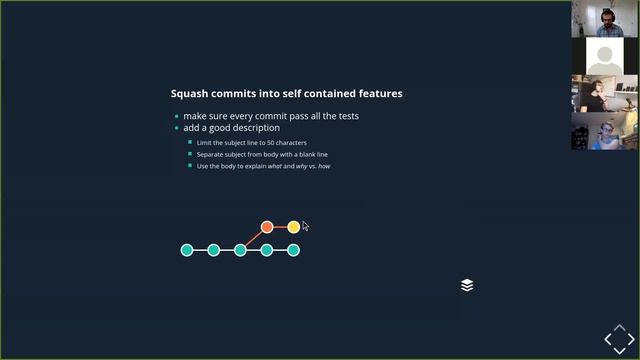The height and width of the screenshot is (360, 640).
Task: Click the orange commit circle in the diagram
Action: point(267,227)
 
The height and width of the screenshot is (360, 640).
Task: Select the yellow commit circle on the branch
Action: point(293,227)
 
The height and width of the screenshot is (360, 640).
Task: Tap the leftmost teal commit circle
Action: point(187,250)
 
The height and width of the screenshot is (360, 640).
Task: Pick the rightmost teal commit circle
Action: point(293,250)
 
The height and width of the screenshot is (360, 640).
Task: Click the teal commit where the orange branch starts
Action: point(240,250)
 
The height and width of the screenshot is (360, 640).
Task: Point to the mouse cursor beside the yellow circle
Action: point(305,226)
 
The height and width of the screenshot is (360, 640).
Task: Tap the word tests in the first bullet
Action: point(347,116)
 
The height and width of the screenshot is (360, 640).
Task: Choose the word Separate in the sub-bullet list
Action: point(212,155)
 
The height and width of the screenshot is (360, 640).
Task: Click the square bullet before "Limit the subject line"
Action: point(189,143)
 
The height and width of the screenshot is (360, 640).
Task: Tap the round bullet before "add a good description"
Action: point(177,128)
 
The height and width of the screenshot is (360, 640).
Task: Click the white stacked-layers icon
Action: point(467,285)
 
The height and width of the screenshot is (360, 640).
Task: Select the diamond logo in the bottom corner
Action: point(619,340)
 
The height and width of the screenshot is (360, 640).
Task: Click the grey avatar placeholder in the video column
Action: point(605,56)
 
